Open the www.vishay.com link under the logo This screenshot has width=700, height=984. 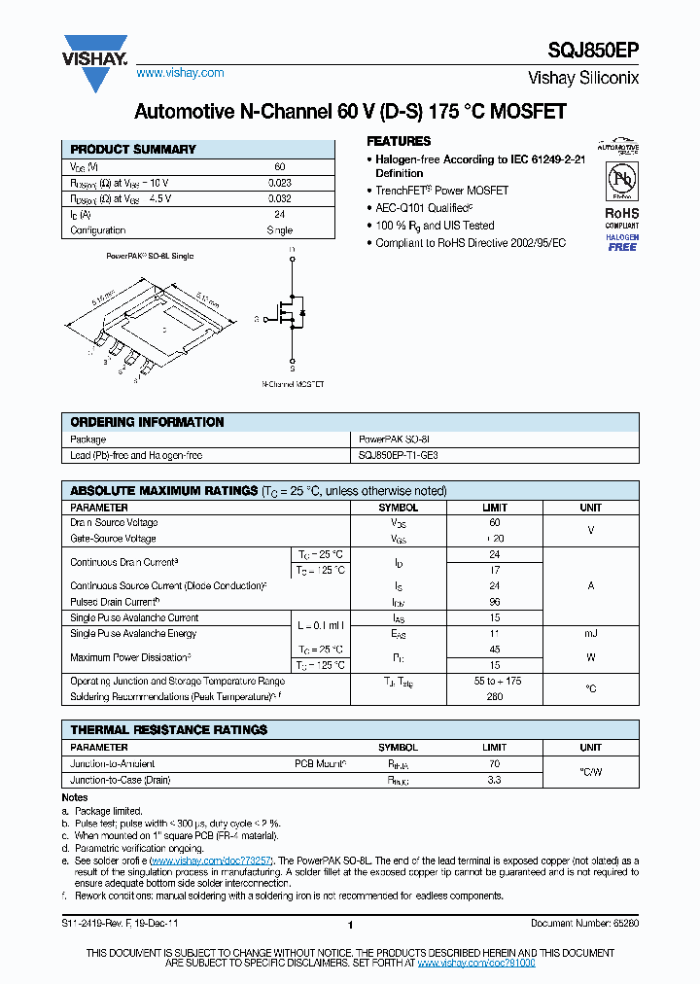pos(180,73)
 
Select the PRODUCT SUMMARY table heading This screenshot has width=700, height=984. pos(133,150)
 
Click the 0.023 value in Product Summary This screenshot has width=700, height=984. pos(279,182)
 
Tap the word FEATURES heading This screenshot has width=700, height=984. pos(399,141)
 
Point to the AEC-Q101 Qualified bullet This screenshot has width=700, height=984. pos(425,208)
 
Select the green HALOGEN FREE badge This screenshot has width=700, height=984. pos(622,242)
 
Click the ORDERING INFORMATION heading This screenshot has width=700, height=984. pos(147,422)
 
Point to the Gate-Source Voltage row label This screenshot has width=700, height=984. pos(113,539)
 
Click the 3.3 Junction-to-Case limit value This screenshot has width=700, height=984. pos(495,780)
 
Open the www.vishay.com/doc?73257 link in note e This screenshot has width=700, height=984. pos(212,861)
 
